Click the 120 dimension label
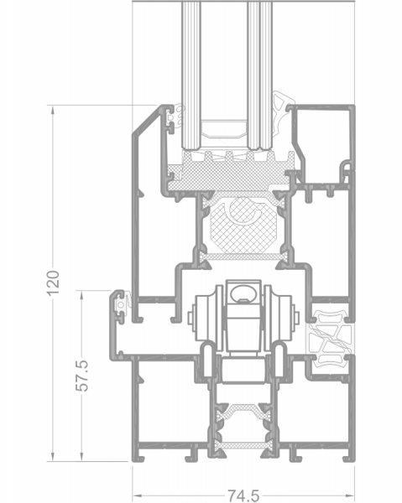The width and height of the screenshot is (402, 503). point(53,283)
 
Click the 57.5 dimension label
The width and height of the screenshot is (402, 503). point(82,376)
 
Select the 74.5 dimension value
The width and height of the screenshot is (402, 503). point(243,495)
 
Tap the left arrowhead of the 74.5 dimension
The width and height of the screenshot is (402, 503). point(137,495)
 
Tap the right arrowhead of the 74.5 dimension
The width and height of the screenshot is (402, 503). point(350,495)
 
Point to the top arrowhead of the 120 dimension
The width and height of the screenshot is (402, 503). point(53,110)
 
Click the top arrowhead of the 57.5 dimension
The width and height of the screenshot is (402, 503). point(81,296)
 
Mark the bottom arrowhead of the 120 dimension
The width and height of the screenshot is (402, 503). point(53,457)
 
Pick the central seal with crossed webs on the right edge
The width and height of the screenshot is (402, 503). point(330,340)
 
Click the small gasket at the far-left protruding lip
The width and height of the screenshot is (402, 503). point(124,303)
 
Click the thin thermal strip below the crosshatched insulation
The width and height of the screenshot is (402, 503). point(243,257)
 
